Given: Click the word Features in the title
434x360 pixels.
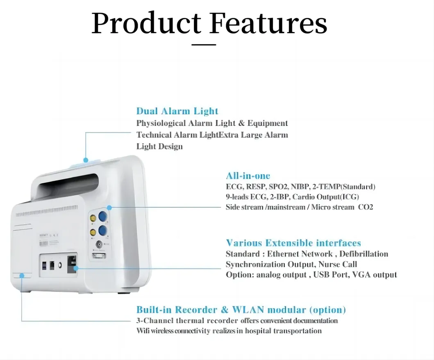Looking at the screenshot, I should (x=268, y=23).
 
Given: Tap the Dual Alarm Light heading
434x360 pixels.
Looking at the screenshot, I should (x=177, y=111).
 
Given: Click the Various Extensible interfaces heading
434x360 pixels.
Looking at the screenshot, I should (x=293, y=243).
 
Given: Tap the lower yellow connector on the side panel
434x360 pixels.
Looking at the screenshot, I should (x=93, y=232).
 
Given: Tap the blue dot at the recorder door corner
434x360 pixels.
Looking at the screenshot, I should (x=22, y=276).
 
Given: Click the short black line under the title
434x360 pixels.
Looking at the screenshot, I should (x=204, y=44).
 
